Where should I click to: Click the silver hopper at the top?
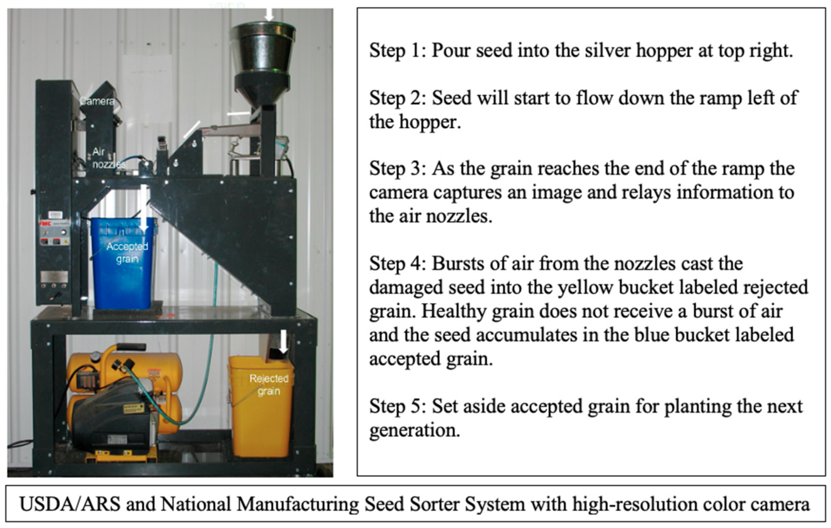263,48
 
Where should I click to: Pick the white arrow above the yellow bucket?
283,342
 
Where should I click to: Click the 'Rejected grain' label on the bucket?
269,385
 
